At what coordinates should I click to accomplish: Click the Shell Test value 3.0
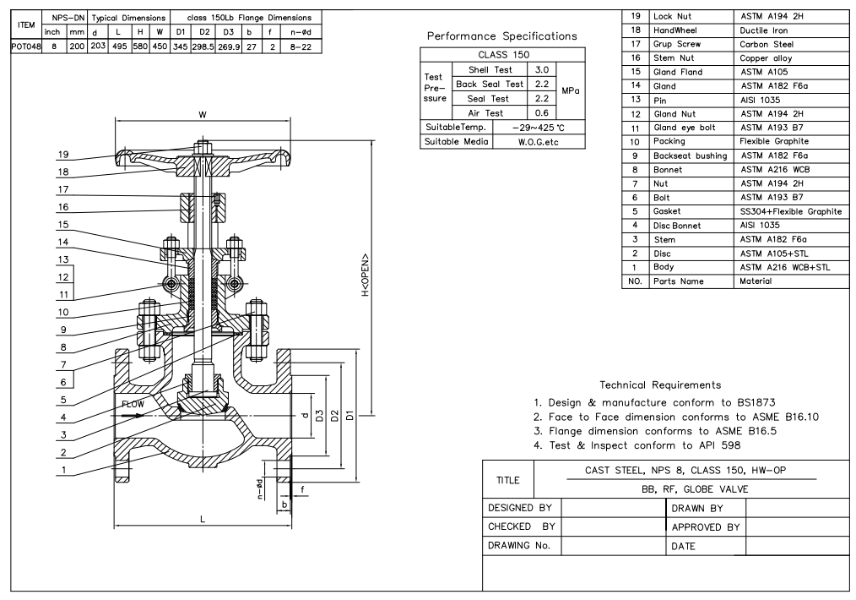pyautogui.click(x=543, y=69)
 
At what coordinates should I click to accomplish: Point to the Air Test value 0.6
pyautogui.click(x=543, y=112)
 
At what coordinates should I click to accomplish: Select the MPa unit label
pyautogui.click(x=571, y=90)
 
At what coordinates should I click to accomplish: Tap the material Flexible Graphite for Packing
pyautogui.click(x=773, y=141)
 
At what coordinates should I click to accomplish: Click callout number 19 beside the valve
pyautogui.click(x=64, y=155)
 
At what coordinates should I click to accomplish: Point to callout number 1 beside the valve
pyautogui.click(x=64, y=471)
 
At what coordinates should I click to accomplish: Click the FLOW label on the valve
pyautogui.click(x=133, y=405)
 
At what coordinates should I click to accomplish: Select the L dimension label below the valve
pyautogui.click(x=203, y=519)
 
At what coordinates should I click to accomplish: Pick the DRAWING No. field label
pyautogui.click(x=520, y=545)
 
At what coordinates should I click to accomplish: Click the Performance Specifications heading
pyautogui.click(x=502, y=36)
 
